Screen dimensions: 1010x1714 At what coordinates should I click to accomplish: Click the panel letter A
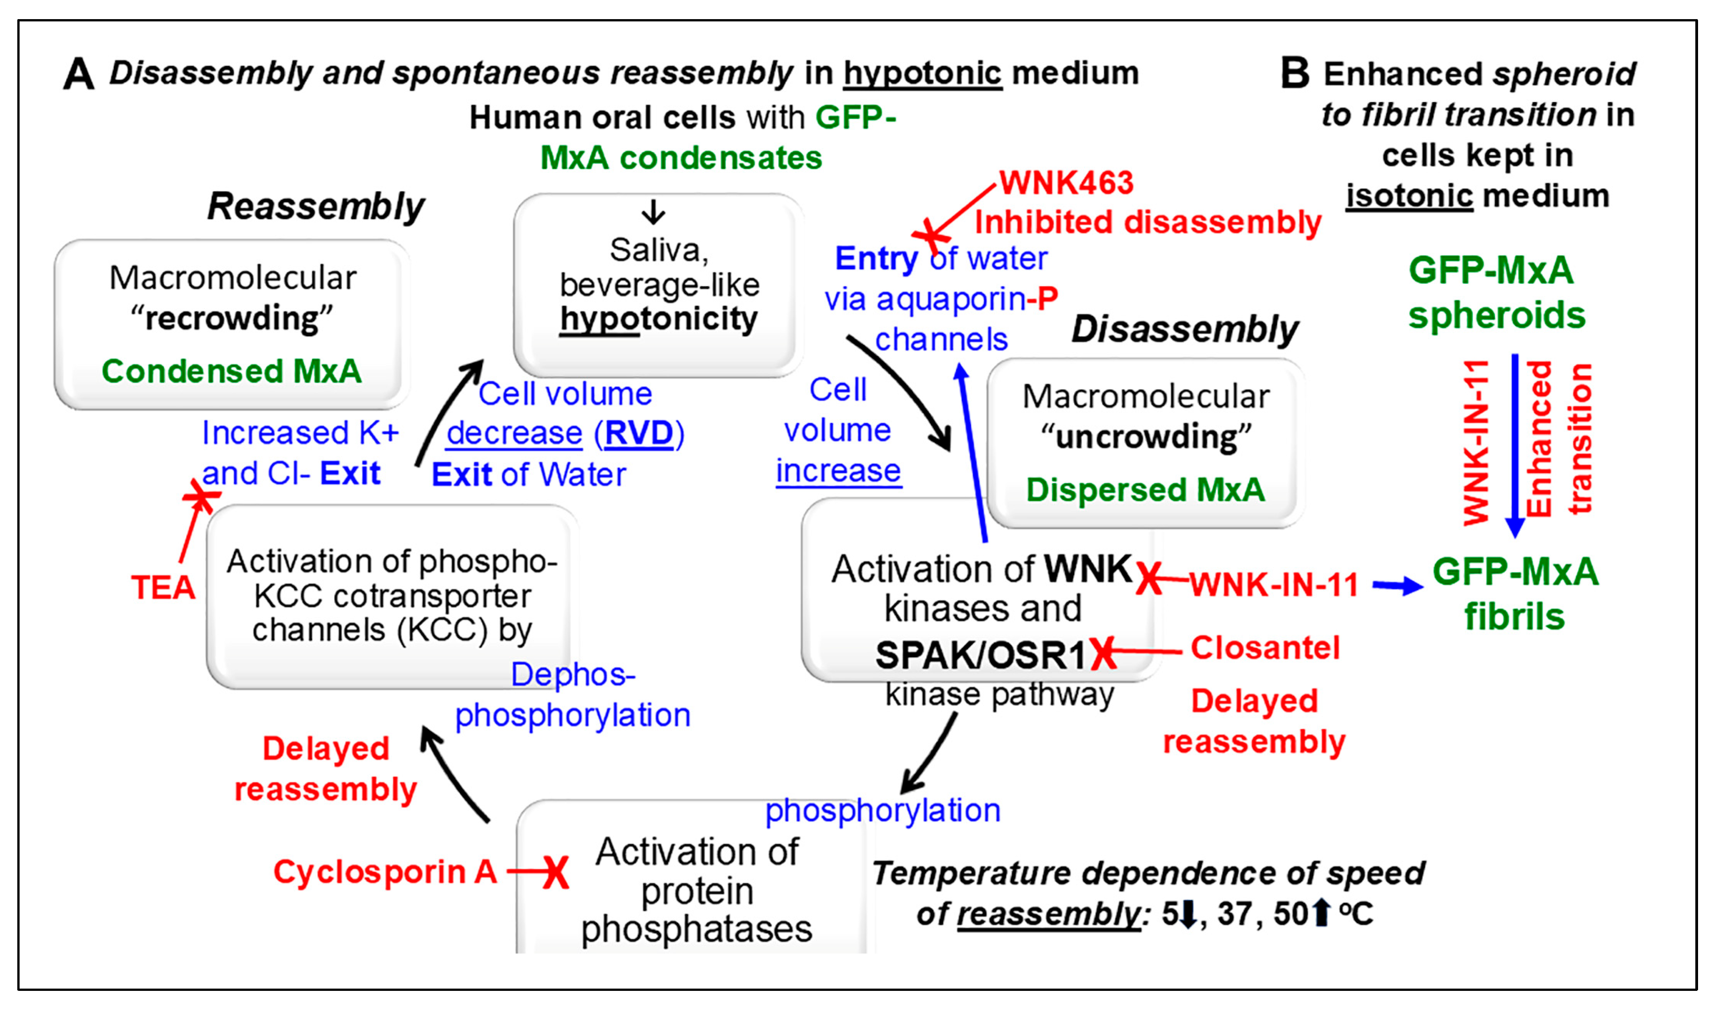[x=78, y=73]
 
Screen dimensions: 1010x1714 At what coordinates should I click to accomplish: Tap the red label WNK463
[x=1066, y=183]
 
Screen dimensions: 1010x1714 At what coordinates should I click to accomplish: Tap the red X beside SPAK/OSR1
[x=1103, y=654]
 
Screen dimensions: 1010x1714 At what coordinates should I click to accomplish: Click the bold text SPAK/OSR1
[x=980, y=655]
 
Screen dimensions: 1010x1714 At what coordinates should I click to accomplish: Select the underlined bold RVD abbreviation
[x=638, y=433]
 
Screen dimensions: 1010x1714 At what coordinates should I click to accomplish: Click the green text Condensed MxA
[x=231, y=371]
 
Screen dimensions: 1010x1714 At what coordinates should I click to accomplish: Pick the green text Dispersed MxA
[x=1145, y=490]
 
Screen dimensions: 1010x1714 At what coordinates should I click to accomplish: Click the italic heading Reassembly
[x=315, y=206]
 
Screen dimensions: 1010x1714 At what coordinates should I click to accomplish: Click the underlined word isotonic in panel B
[x=1409, y=196]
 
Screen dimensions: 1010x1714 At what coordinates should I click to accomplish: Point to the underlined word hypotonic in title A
[x=922, y=73]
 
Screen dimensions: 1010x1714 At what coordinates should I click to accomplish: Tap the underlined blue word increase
[x=838, y=471]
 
